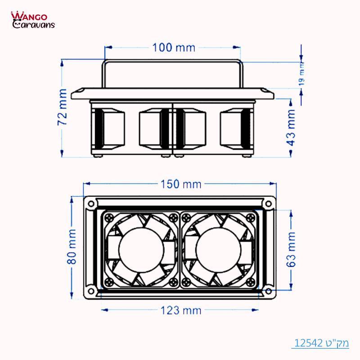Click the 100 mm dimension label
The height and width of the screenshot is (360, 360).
click(x=174, y=47)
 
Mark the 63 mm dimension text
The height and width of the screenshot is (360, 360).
click(x=291, y=250)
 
